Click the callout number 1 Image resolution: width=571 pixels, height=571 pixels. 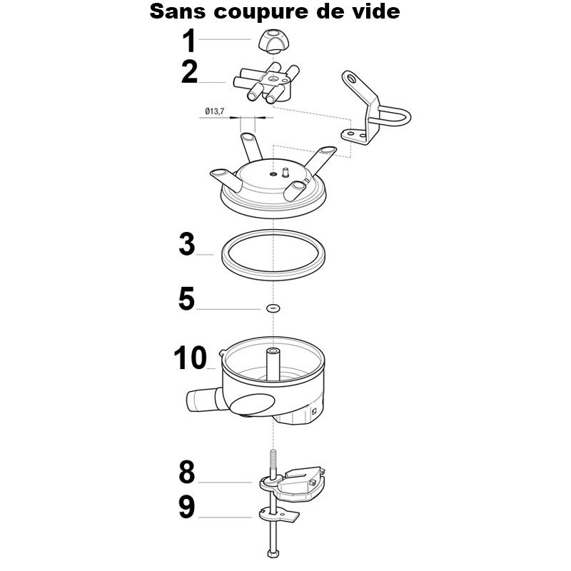coord(189,41)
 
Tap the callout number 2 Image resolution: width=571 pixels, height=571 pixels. coord(189,72)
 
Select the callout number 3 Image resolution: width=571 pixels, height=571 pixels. coord(187,243)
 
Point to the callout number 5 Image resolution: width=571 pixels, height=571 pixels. coord(186,298)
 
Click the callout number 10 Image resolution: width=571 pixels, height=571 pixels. coord(191,358)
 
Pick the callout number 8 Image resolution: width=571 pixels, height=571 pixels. coord(187,472)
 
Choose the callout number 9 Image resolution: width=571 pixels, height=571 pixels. coord(187,507)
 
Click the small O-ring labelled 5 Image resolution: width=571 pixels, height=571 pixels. coord(273,308)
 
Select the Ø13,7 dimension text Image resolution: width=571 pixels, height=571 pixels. coord(215,111)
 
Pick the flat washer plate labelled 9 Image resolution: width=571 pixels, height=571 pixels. coord(279,515)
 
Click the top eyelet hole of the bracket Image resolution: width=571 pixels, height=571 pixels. coord(350,78)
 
